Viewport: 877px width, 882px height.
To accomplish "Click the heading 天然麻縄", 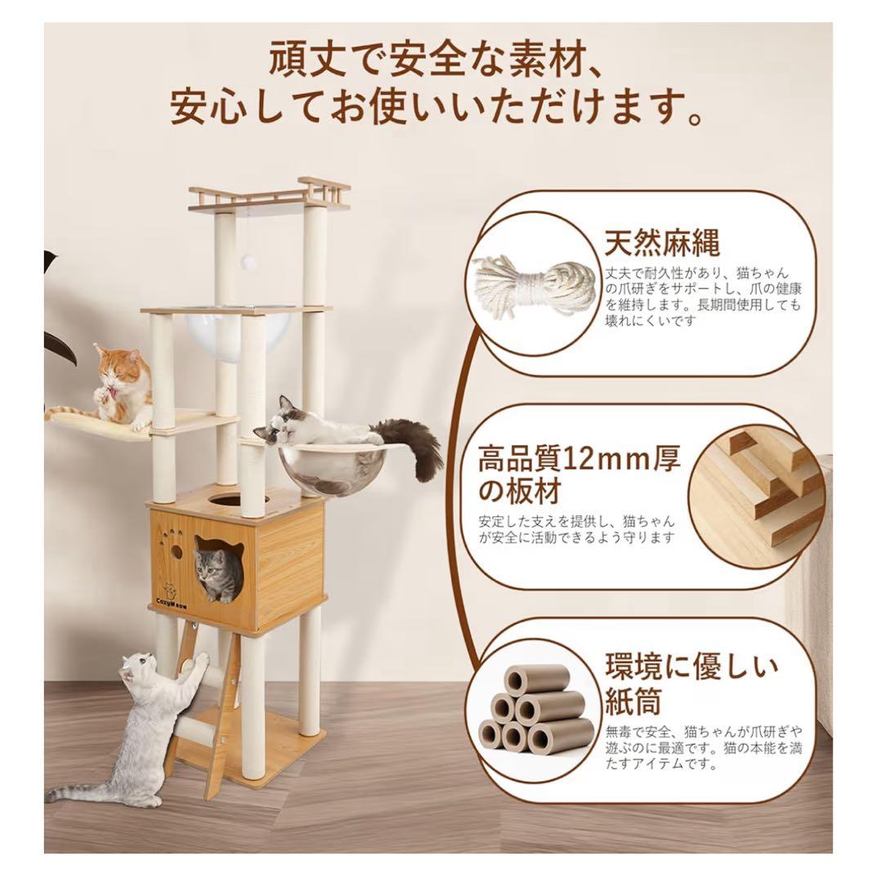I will [x=663, y=243].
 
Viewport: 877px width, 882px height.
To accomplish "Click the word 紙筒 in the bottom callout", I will [x=633, y=701].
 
